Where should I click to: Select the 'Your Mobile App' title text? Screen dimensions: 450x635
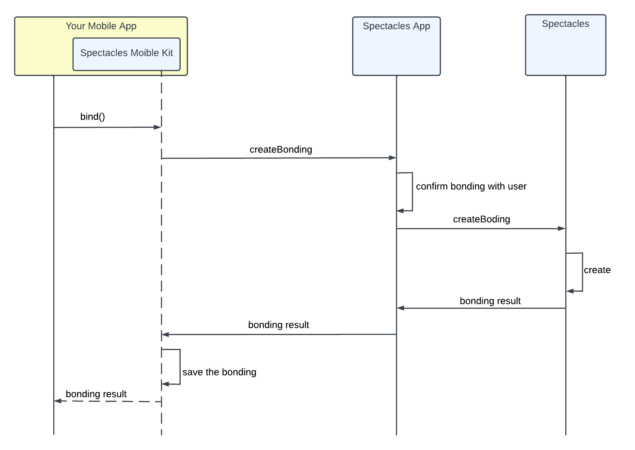click(101, 26)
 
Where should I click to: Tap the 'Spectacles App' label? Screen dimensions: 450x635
click(396, 26)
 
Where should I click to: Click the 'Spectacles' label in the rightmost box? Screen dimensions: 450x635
click(565, 24)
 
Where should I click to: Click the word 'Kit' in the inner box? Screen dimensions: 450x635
click(167, 53)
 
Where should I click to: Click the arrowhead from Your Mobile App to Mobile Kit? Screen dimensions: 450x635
click(157, 127)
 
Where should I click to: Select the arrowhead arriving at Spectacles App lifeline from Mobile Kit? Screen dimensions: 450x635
click(392, 158)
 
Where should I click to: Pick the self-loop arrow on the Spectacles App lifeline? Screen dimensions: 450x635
click(412, 192)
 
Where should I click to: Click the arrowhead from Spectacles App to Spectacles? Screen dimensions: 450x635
click(561, 228)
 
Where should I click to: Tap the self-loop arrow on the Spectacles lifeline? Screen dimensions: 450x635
click(582, 272)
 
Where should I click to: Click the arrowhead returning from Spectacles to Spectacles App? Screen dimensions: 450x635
click(401, 308)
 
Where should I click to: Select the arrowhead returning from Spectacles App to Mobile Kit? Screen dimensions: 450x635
click(166, 335)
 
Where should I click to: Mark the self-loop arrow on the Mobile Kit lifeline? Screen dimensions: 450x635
click(180, 367)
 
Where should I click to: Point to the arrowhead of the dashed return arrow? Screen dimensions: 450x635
click(58, 401)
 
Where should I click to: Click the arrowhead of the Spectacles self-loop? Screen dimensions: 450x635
click(570, 291)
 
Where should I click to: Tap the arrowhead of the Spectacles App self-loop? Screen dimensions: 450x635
click(401, 211)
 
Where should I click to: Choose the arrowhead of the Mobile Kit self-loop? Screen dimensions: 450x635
click(166, 384)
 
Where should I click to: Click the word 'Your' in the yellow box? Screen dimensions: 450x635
click(75, 26)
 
